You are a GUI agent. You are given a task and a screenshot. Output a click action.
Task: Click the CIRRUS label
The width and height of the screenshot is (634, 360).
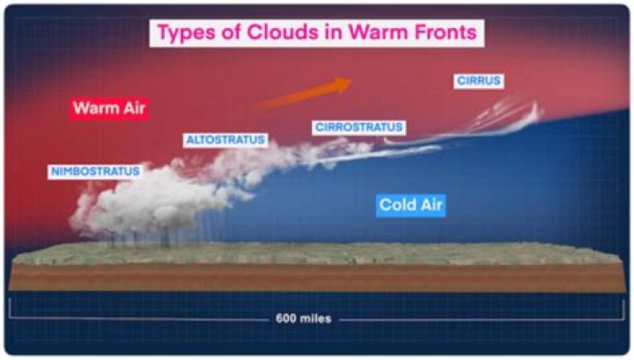pos(479,81)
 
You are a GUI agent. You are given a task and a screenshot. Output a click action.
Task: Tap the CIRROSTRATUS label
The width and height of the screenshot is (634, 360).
pos(358,128)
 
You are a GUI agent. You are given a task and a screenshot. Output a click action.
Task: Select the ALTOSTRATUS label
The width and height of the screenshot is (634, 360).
pos(225,140)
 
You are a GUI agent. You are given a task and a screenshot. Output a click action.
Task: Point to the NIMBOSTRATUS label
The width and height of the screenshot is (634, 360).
pos(94,171)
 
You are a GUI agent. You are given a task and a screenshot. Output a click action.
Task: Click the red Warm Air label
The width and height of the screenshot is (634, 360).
pos(108,108)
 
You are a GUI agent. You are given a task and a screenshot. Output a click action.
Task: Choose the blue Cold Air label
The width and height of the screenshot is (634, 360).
pos(411,206)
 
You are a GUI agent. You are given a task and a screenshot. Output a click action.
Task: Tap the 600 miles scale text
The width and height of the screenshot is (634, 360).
pos(304,318)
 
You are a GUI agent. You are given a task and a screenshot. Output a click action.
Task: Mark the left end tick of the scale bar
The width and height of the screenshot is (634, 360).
pos(11,311)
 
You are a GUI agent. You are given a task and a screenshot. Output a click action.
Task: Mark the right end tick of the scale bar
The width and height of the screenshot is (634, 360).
pos(622,311)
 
